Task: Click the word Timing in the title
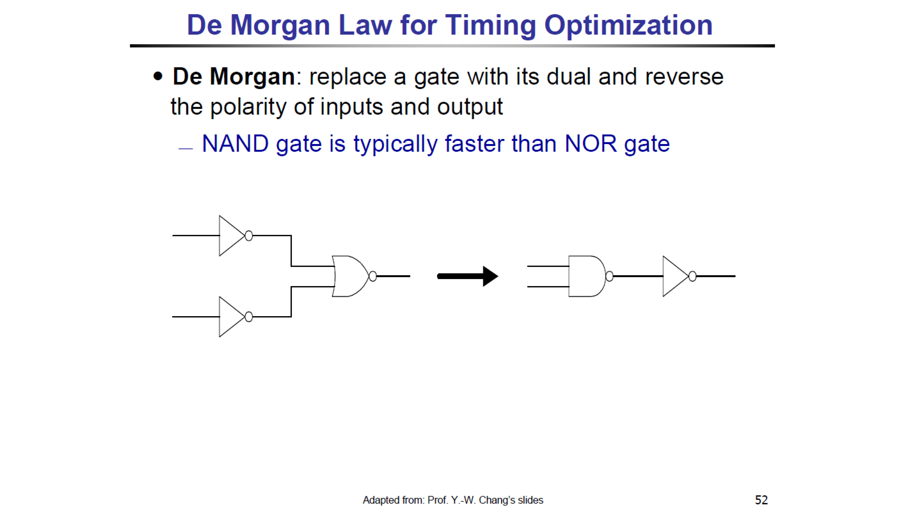click(491, 26)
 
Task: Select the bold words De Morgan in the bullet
click(234, 77)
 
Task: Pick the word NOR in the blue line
click(590, 144)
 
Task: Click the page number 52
click(761, 500)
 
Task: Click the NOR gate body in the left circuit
click(350, 276)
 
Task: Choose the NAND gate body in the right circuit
click(587, 276)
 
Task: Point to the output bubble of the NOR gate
click(373, 276)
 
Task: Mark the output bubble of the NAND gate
click(609, 276)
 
